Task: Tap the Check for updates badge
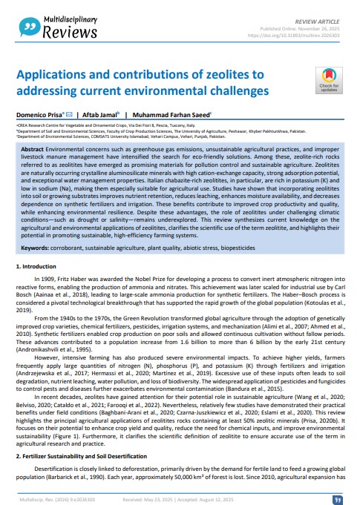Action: (327, 82)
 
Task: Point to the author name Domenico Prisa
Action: (38, 116)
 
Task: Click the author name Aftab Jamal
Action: (99, 116)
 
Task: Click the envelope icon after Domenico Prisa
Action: (68, 116)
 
